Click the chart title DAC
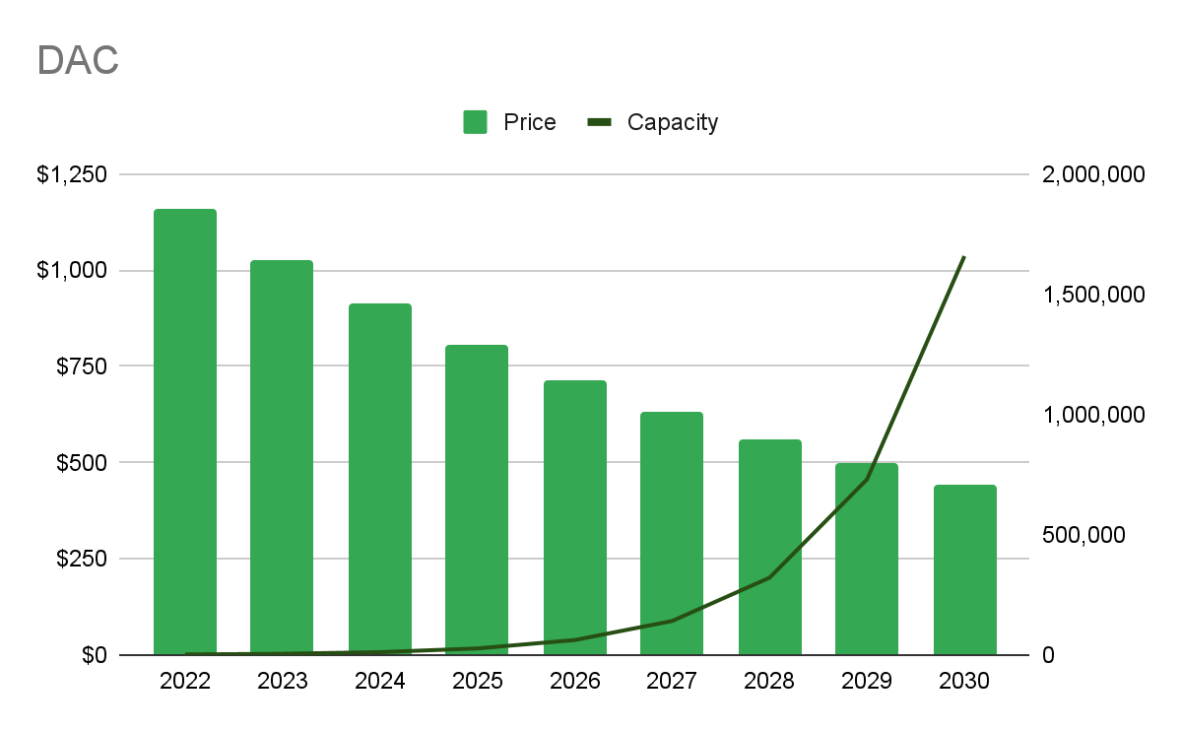click(x=78, y=60)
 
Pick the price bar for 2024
click(x=380, y=479)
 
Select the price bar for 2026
click(x=575, y=517)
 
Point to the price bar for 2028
click(x=770, y=547)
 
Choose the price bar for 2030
click(x=965, y=569)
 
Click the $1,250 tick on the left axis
click(x=71, y=174)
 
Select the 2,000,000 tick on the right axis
click(x=1092, y=174)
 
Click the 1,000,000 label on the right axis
click(x=1092, y=415)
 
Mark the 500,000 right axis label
click(x=1083, y=535)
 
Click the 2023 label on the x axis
click(x=282, y=681)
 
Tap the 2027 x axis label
click(x=672, y=681)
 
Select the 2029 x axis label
click(x=867, y=681)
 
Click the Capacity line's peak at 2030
click(x=964, y=257)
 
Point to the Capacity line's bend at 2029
click(x=867, y=480)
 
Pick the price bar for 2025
click(x=477, y=499)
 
